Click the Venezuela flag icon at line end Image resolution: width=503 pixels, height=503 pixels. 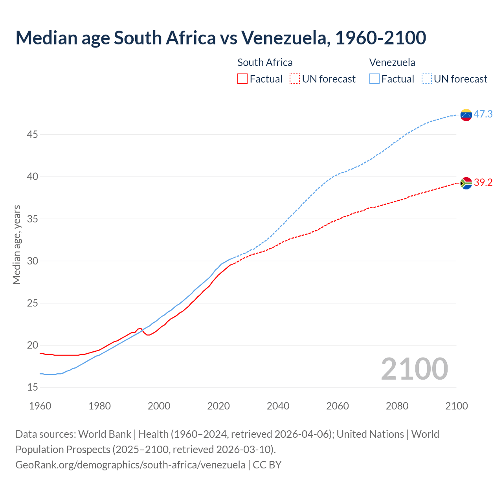(x=466, y=115)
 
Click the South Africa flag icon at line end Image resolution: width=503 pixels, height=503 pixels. (x=466, y=183)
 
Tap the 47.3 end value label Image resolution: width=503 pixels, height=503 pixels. (x=483, y=114)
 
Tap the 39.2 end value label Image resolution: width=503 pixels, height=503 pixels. (x=483, y=183)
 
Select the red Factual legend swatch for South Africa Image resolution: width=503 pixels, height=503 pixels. (x=242, y=79)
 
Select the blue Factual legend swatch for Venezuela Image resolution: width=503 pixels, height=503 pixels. (x=374, y=79)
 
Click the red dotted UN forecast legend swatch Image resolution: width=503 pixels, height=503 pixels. (x=295, y=79)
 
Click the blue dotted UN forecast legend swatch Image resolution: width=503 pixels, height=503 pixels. (x=426, y=79)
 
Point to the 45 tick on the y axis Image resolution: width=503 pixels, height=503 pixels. (x=32, y=135)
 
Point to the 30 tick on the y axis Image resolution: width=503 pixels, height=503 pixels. (x=32, y=261)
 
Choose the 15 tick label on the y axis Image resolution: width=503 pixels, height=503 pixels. (x=32, y=387)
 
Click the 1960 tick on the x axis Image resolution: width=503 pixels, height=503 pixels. (x=40, y=406)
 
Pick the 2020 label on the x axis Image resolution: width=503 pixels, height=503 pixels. (x=218, y=406)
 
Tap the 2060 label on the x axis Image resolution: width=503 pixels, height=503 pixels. (x=338, y=406)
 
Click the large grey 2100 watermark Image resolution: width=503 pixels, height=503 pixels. (x=414, y=369)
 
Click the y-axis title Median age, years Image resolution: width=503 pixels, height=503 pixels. (x=17, y=244)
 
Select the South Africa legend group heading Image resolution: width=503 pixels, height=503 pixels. (x=265, y=62)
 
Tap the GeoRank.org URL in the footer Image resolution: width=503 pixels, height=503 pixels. (x=130, y=464)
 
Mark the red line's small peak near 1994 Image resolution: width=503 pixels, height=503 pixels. (x=140, y=328)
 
